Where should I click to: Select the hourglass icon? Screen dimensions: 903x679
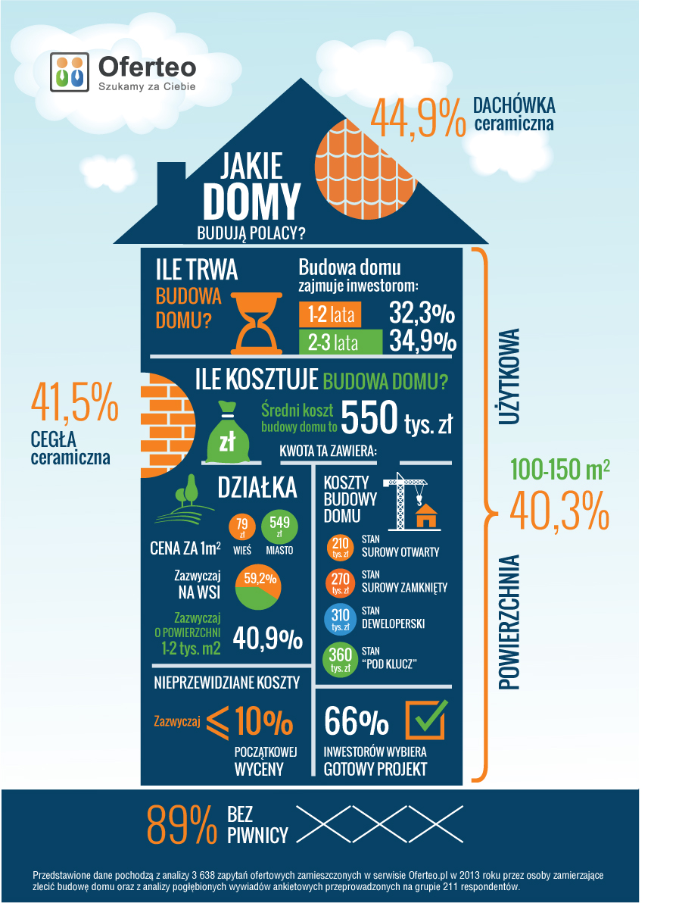point(256,320)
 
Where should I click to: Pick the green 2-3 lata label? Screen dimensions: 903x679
point(339,342)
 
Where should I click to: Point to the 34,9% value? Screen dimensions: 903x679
point(423,342)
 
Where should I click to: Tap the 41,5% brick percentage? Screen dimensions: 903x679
point(75,402)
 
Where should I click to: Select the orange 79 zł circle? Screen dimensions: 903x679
point(242,526)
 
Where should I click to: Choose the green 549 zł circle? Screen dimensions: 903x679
point(279,526)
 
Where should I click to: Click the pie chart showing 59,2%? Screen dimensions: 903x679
point(258,589)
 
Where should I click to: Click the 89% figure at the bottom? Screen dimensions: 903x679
point(180,826)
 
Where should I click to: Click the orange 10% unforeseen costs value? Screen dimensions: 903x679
point(263,722)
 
